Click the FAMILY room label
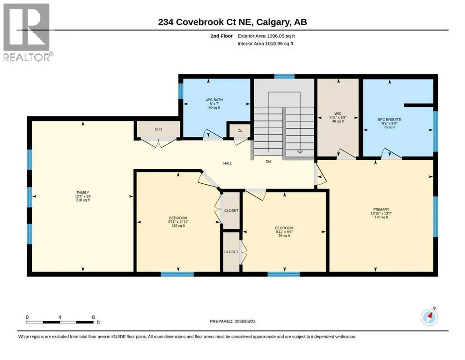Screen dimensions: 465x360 click(83, 193)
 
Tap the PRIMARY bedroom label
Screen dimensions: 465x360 click(381, 210)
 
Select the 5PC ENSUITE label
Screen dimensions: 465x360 click(390, 120)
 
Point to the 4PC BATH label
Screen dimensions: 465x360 click(214, 100)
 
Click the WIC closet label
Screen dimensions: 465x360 click(338, 113)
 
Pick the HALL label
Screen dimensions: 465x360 click(228, 163)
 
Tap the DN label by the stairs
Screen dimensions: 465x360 click(268, 162)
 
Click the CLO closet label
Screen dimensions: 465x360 click(158, 129)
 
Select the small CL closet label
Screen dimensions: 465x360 click(240, 131)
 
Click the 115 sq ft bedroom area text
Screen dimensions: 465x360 click(178, 225)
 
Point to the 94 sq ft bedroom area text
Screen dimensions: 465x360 click(284, 236)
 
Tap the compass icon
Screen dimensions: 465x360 click(429, 317)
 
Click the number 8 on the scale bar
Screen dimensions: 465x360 click(93, 317)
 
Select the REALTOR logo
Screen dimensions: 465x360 click(27, 32)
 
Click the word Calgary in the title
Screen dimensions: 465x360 click(273, 22)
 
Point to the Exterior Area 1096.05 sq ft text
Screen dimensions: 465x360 click(266, 36)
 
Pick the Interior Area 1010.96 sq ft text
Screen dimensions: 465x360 click(266, 44)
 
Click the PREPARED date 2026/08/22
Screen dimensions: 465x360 click(245, 322)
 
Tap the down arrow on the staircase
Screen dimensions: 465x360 click(300, 151)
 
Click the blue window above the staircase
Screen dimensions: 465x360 click(284, 76)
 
